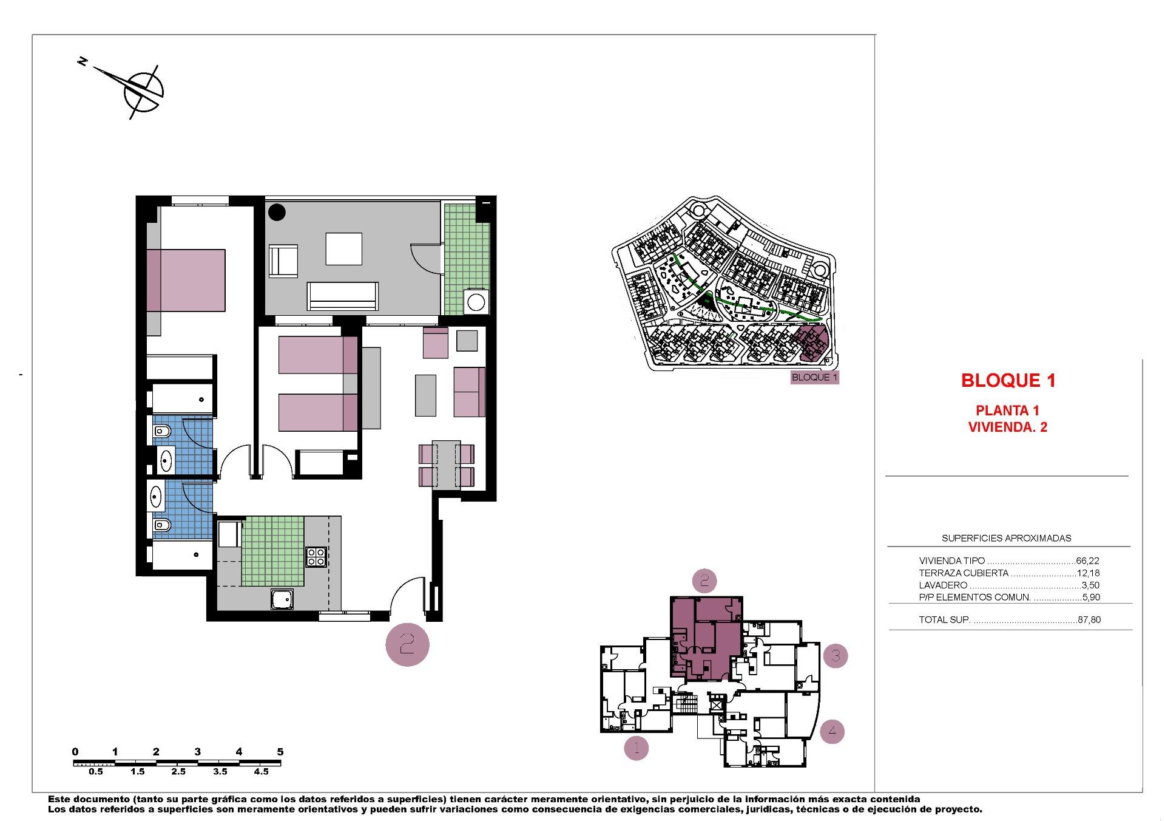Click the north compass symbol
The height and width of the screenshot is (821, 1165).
(x=143, y=91)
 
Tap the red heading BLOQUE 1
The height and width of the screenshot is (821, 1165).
(x=1008, y=381)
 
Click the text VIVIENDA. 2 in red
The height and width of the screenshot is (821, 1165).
(x=1007, y=427)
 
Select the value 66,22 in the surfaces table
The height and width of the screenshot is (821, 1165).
(x=1087, y=561)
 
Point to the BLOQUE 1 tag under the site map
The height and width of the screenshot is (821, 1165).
(x=814, y=377)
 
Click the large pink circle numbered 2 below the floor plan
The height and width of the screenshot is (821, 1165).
(x=407, y=644)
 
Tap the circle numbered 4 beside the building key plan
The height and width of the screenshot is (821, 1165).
(x=832, y=731)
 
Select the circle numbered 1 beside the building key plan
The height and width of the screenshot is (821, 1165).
(x=637, y=748)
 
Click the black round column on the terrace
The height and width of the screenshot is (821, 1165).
(x=277, y=212)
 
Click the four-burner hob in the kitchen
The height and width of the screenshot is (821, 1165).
(x=316, y=557)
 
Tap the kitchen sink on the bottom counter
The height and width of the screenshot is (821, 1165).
(x=282, y=600)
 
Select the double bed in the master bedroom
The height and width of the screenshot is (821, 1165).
(x=186, y=280)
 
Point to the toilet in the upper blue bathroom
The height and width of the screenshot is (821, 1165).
(x=162, y=432)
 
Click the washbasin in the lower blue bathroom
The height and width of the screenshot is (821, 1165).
(x=157, y=497)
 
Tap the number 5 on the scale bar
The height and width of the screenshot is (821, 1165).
(x=280, y=752)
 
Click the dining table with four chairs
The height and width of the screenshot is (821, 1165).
(x=447, y=465)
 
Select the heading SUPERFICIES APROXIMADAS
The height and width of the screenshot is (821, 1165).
(x=1006, y=538)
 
